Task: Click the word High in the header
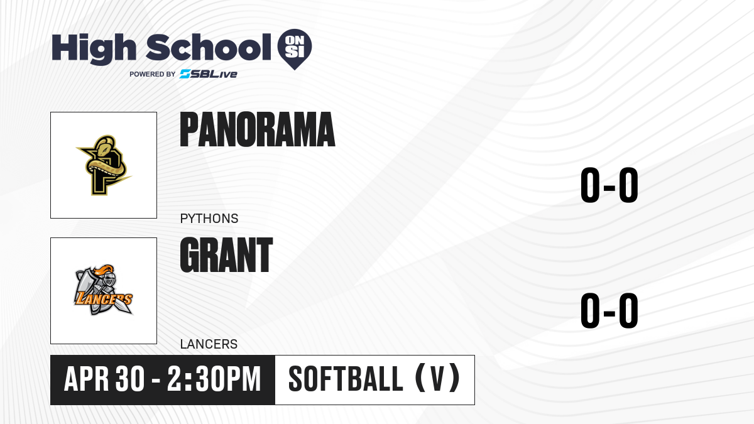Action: (x=94, y=48)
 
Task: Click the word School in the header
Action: (x=209, y=47)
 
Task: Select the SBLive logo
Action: (x=209, y=74)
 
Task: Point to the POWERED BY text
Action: (x=153, y=74)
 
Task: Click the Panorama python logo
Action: (x=104, y=165)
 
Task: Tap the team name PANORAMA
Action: (x=258, y=129)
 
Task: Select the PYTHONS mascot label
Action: (x=209, y=219)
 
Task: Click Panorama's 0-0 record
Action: (x=609, y=185)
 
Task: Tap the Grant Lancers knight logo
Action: (x=104, y=290)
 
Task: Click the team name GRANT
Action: (x=226, y=255)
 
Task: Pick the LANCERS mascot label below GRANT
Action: (x=209, y=344)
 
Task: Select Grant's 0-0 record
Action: (x=609, y=310)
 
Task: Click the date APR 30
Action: (x=104, y=379)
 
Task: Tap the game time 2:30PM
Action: (x=214, y=379)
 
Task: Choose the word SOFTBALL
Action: (x=346, y=379)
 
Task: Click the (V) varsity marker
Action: (x=437, y=378)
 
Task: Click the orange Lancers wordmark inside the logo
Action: (x=104, y=299)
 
